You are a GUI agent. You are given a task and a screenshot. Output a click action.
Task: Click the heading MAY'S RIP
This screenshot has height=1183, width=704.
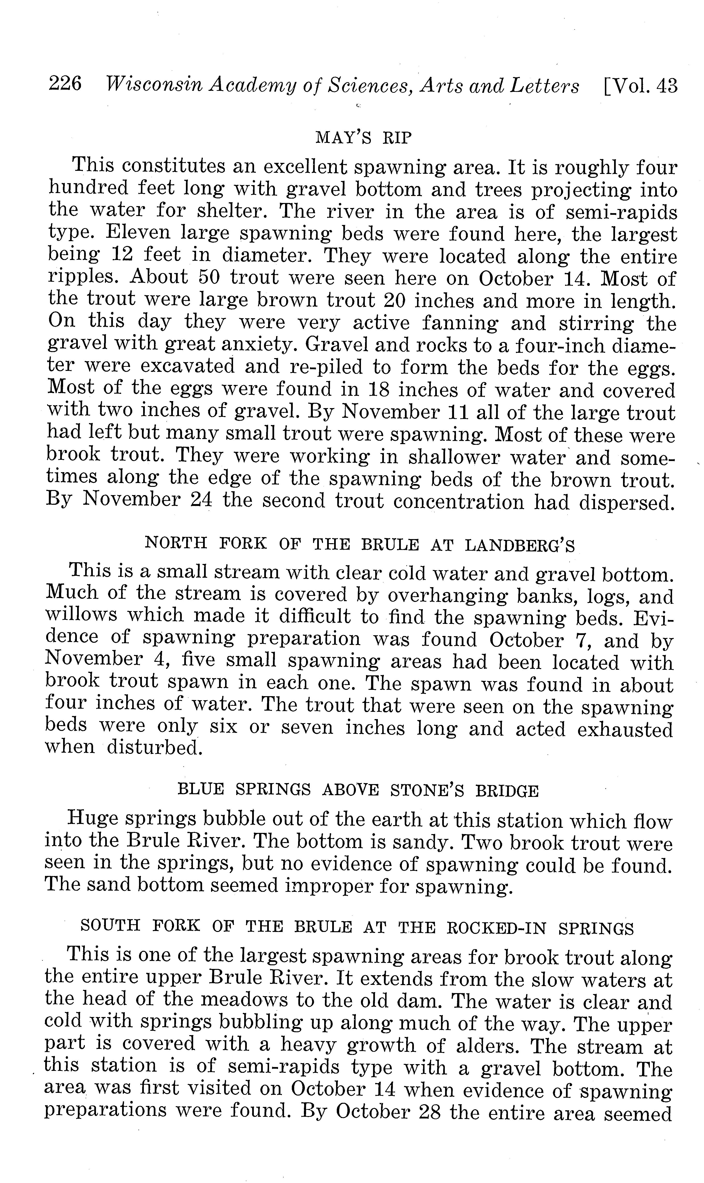pos(363,138)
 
